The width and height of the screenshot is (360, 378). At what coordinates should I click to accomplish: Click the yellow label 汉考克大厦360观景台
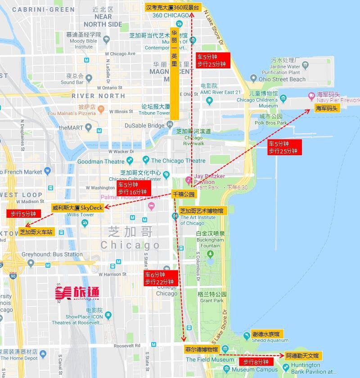point(173,7)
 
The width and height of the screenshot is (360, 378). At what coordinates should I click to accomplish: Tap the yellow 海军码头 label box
point(327,108)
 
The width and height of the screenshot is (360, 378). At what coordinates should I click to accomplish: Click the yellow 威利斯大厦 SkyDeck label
point(78,207)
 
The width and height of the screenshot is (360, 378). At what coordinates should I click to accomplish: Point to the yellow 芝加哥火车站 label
point(36,232)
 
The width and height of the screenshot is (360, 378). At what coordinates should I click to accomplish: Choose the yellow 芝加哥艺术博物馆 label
point(201,211)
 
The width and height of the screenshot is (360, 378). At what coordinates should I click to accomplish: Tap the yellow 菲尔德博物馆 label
point(202,349)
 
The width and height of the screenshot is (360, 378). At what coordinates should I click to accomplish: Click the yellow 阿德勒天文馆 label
point(303,356)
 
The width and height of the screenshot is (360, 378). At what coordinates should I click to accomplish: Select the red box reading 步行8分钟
point(256,362)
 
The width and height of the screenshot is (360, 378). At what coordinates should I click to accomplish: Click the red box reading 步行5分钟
point(23,214)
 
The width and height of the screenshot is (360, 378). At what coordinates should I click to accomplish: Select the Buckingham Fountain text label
point(211,243)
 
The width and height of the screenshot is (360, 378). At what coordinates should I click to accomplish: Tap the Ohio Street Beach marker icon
point(253,79)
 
